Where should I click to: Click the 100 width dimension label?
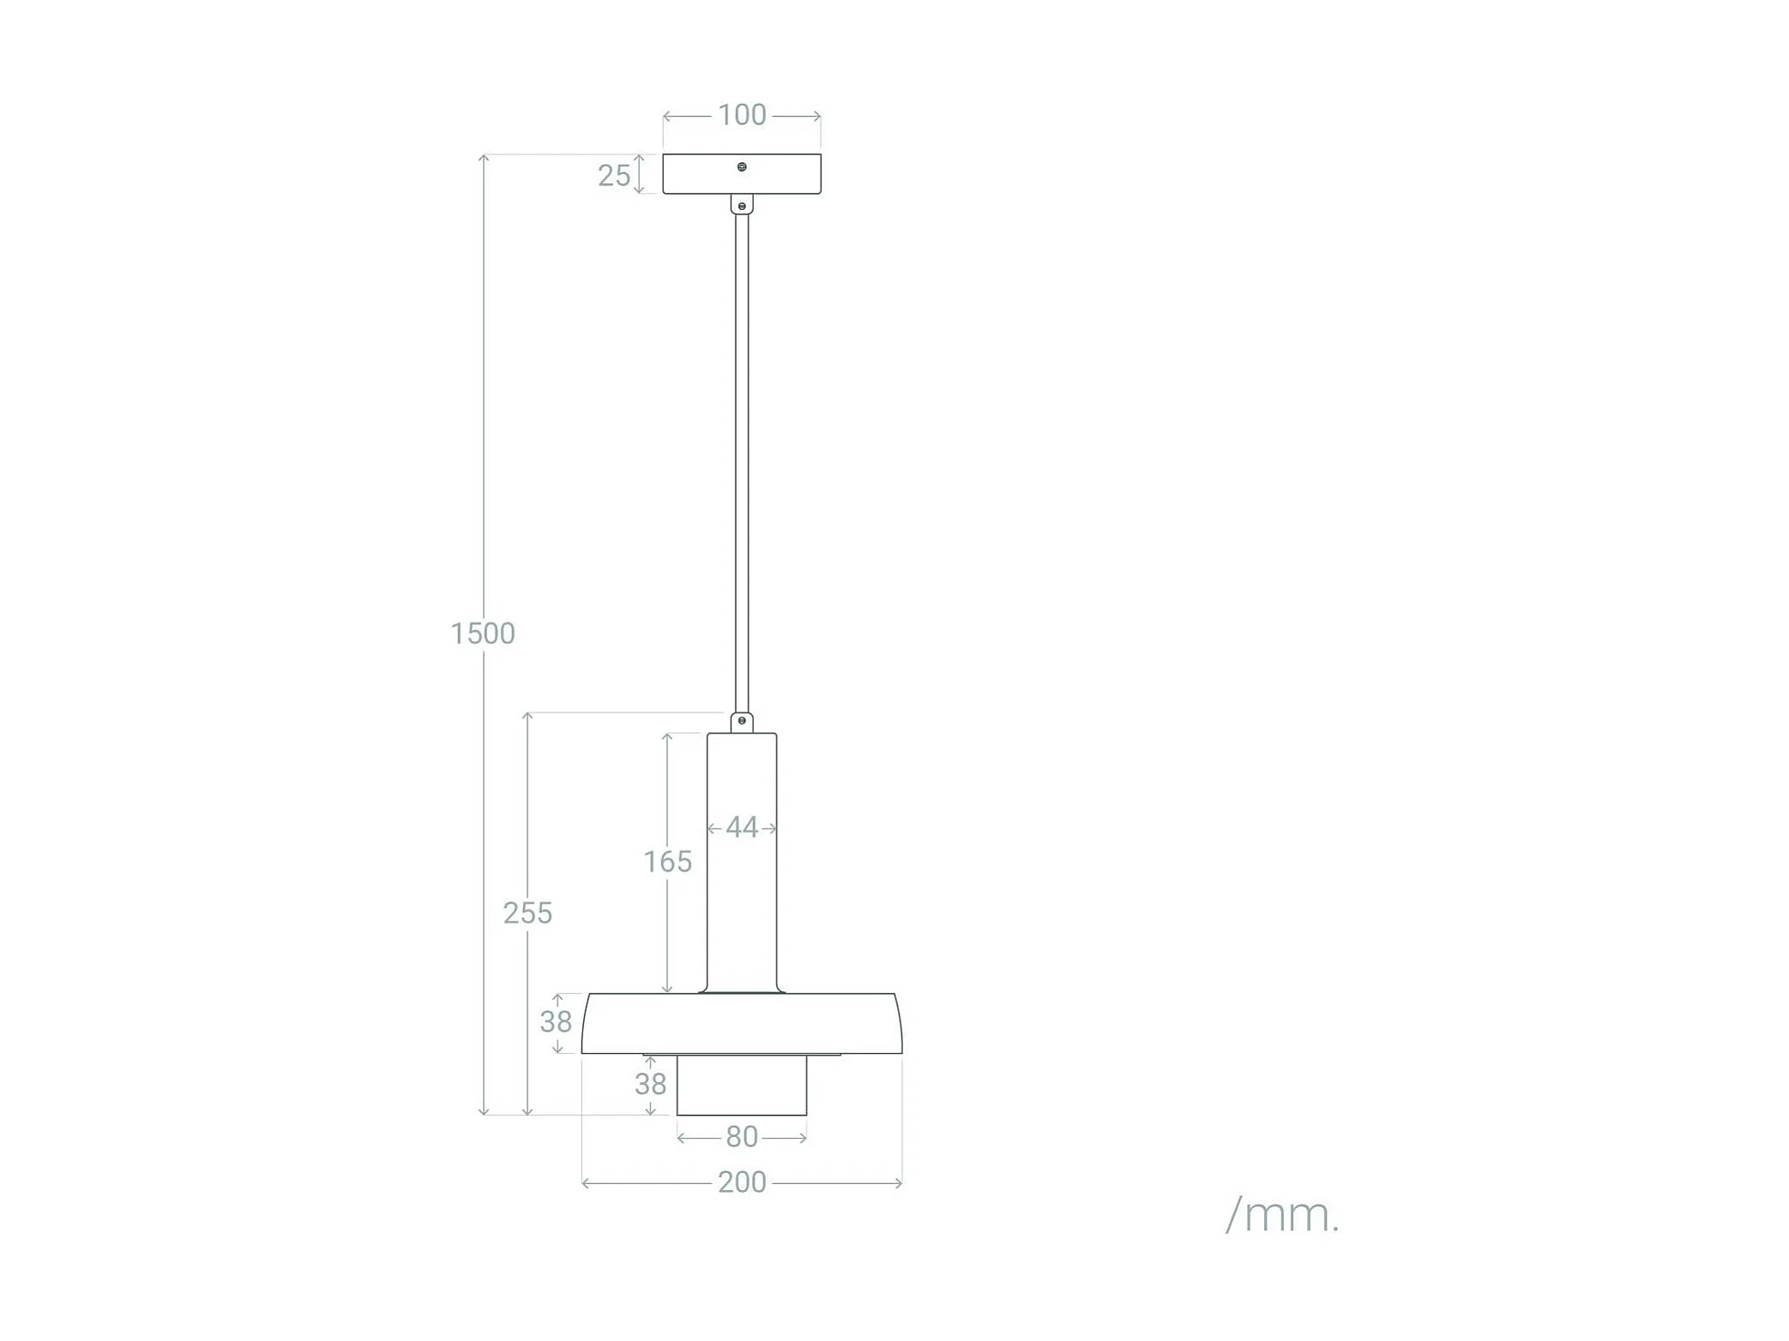[741, 115]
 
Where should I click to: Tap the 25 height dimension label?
[613, 176]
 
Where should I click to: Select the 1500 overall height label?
[482, 634]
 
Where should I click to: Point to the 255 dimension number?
[527, 913]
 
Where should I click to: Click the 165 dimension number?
[667, 862]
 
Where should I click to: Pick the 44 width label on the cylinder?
[742, 827]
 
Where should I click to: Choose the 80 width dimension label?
[742, 1137]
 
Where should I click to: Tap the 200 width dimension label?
[742, 1182]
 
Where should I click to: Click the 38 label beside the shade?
[556, 1021]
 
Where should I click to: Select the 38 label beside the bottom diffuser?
[650, 1085]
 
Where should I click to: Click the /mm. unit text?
[1282, 1215]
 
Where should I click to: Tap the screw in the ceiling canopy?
[742, 166]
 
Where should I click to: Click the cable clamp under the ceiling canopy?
[742, 204]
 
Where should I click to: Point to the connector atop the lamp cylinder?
[742, 722]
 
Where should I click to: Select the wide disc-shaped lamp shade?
[742, 1024]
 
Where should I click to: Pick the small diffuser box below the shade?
[742, 1085]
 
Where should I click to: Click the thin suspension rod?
[742, 463]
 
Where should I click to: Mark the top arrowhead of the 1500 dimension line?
[484, 158]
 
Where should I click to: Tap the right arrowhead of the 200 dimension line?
[899, 1183]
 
